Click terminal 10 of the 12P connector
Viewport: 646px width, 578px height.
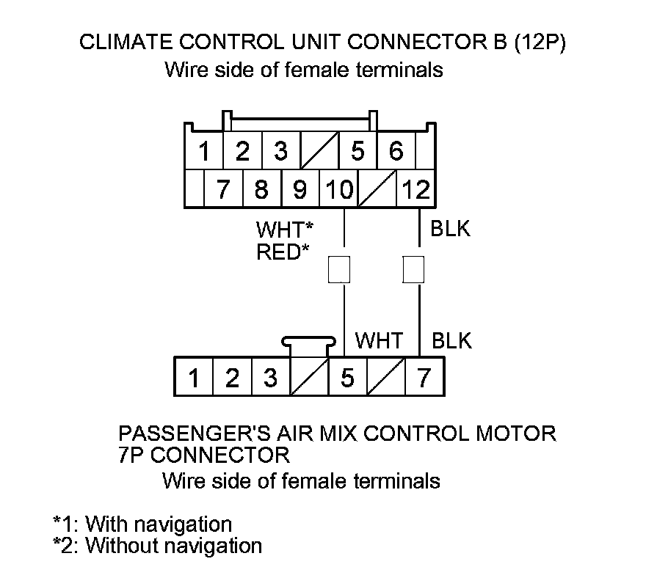(x=338, y=190)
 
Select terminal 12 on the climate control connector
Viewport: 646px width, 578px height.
(x=416, y=190)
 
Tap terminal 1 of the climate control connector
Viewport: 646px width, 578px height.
(x=205, y=152)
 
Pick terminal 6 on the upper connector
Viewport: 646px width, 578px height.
(x=396, y=152)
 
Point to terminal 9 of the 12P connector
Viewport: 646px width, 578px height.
(x=300, y=190)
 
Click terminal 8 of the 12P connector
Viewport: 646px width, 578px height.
(x=261, y=190)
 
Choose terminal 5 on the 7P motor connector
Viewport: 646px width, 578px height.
(x=347, y=378)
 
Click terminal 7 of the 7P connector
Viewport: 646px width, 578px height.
(x=424, y=378)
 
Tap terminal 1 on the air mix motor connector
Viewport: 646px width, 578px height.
(x=194, y=378)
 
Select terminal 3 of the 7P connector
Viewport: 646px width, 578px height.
(x=271, y=378)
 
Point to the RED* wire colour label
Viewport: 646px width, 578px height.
(x=283, y=252)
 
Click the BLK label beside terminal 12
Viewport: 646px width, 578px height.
(x=451, y=229)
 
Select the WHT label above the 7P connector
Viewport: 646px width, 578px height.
(x=379, y=341)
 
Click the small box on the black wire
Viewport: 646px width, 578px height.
(x=414, y=270)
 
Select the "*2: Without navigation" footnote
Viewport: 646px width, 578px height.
(x=157, y=546)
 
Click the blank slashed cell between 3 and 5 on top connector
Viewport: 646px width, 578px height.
(x=319, y=152)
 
